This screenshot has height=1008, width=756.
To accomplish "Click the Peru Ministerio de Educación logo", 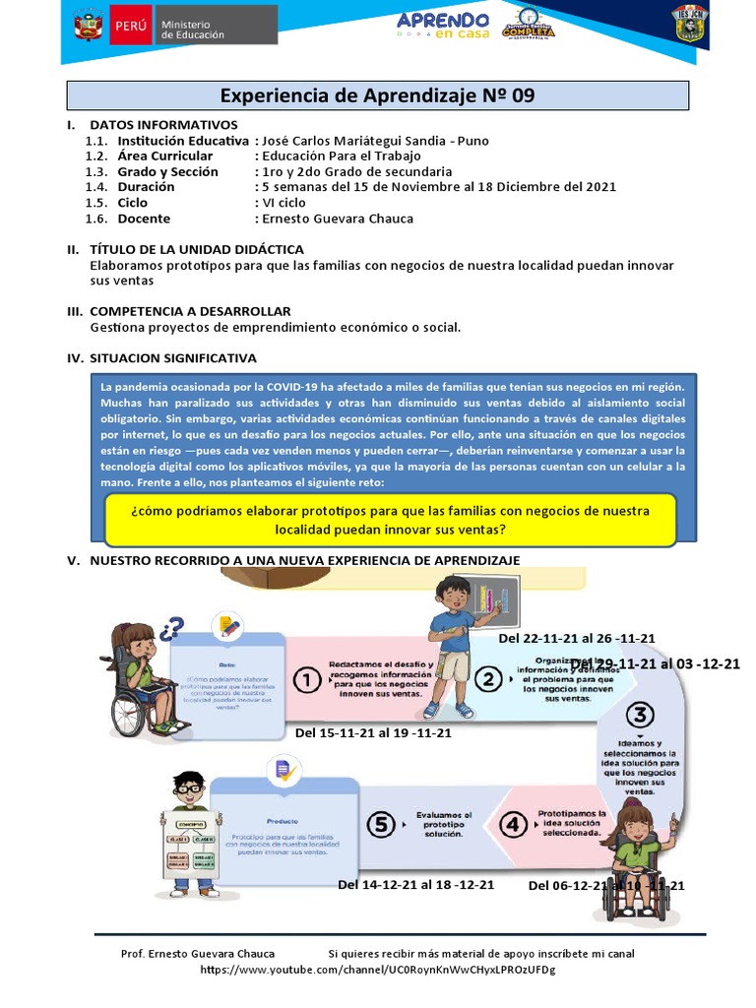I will (174, 26).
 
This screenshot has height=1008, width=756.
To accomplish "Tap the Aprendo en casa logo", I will (442, 26).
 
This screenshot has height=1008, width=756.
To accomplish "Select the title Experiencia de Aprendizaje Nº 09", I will (378, 95).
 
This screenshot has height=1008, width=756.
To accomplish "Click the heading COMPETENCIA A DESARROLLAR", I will (190, 311).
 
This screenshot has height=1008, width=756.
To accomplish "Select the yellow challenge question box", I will (391, 520).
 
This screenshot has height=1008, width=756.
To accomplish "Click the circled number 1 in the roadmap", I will (308, 679).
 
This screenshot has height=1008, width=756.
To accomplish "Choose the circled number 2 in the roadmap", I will (486, 678).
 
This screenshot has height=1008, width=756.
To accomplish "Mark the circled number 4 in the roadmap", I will (513, 825).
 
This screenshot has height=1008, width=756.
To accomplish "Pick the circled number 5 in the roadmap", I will (382, 825).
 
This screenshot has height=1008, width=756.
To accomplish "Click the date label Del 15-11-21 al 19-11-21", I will (373, 732).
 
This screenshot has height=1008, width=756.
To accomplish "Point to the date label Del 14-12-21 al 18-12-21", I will (415, 884).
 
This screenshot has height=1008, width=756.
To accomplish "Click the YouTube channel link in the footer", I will (377, 970).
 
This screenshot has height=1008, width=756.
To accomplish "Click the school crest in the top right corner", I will (689, 25).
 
